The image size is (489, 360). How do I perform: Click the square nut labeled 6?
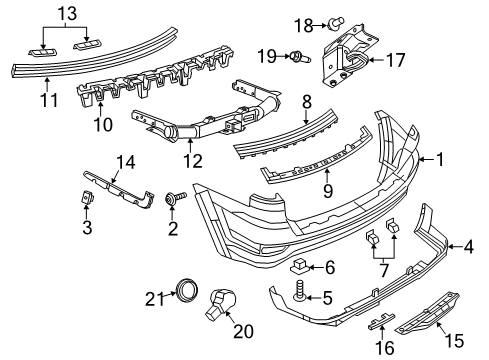[297, 267]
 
